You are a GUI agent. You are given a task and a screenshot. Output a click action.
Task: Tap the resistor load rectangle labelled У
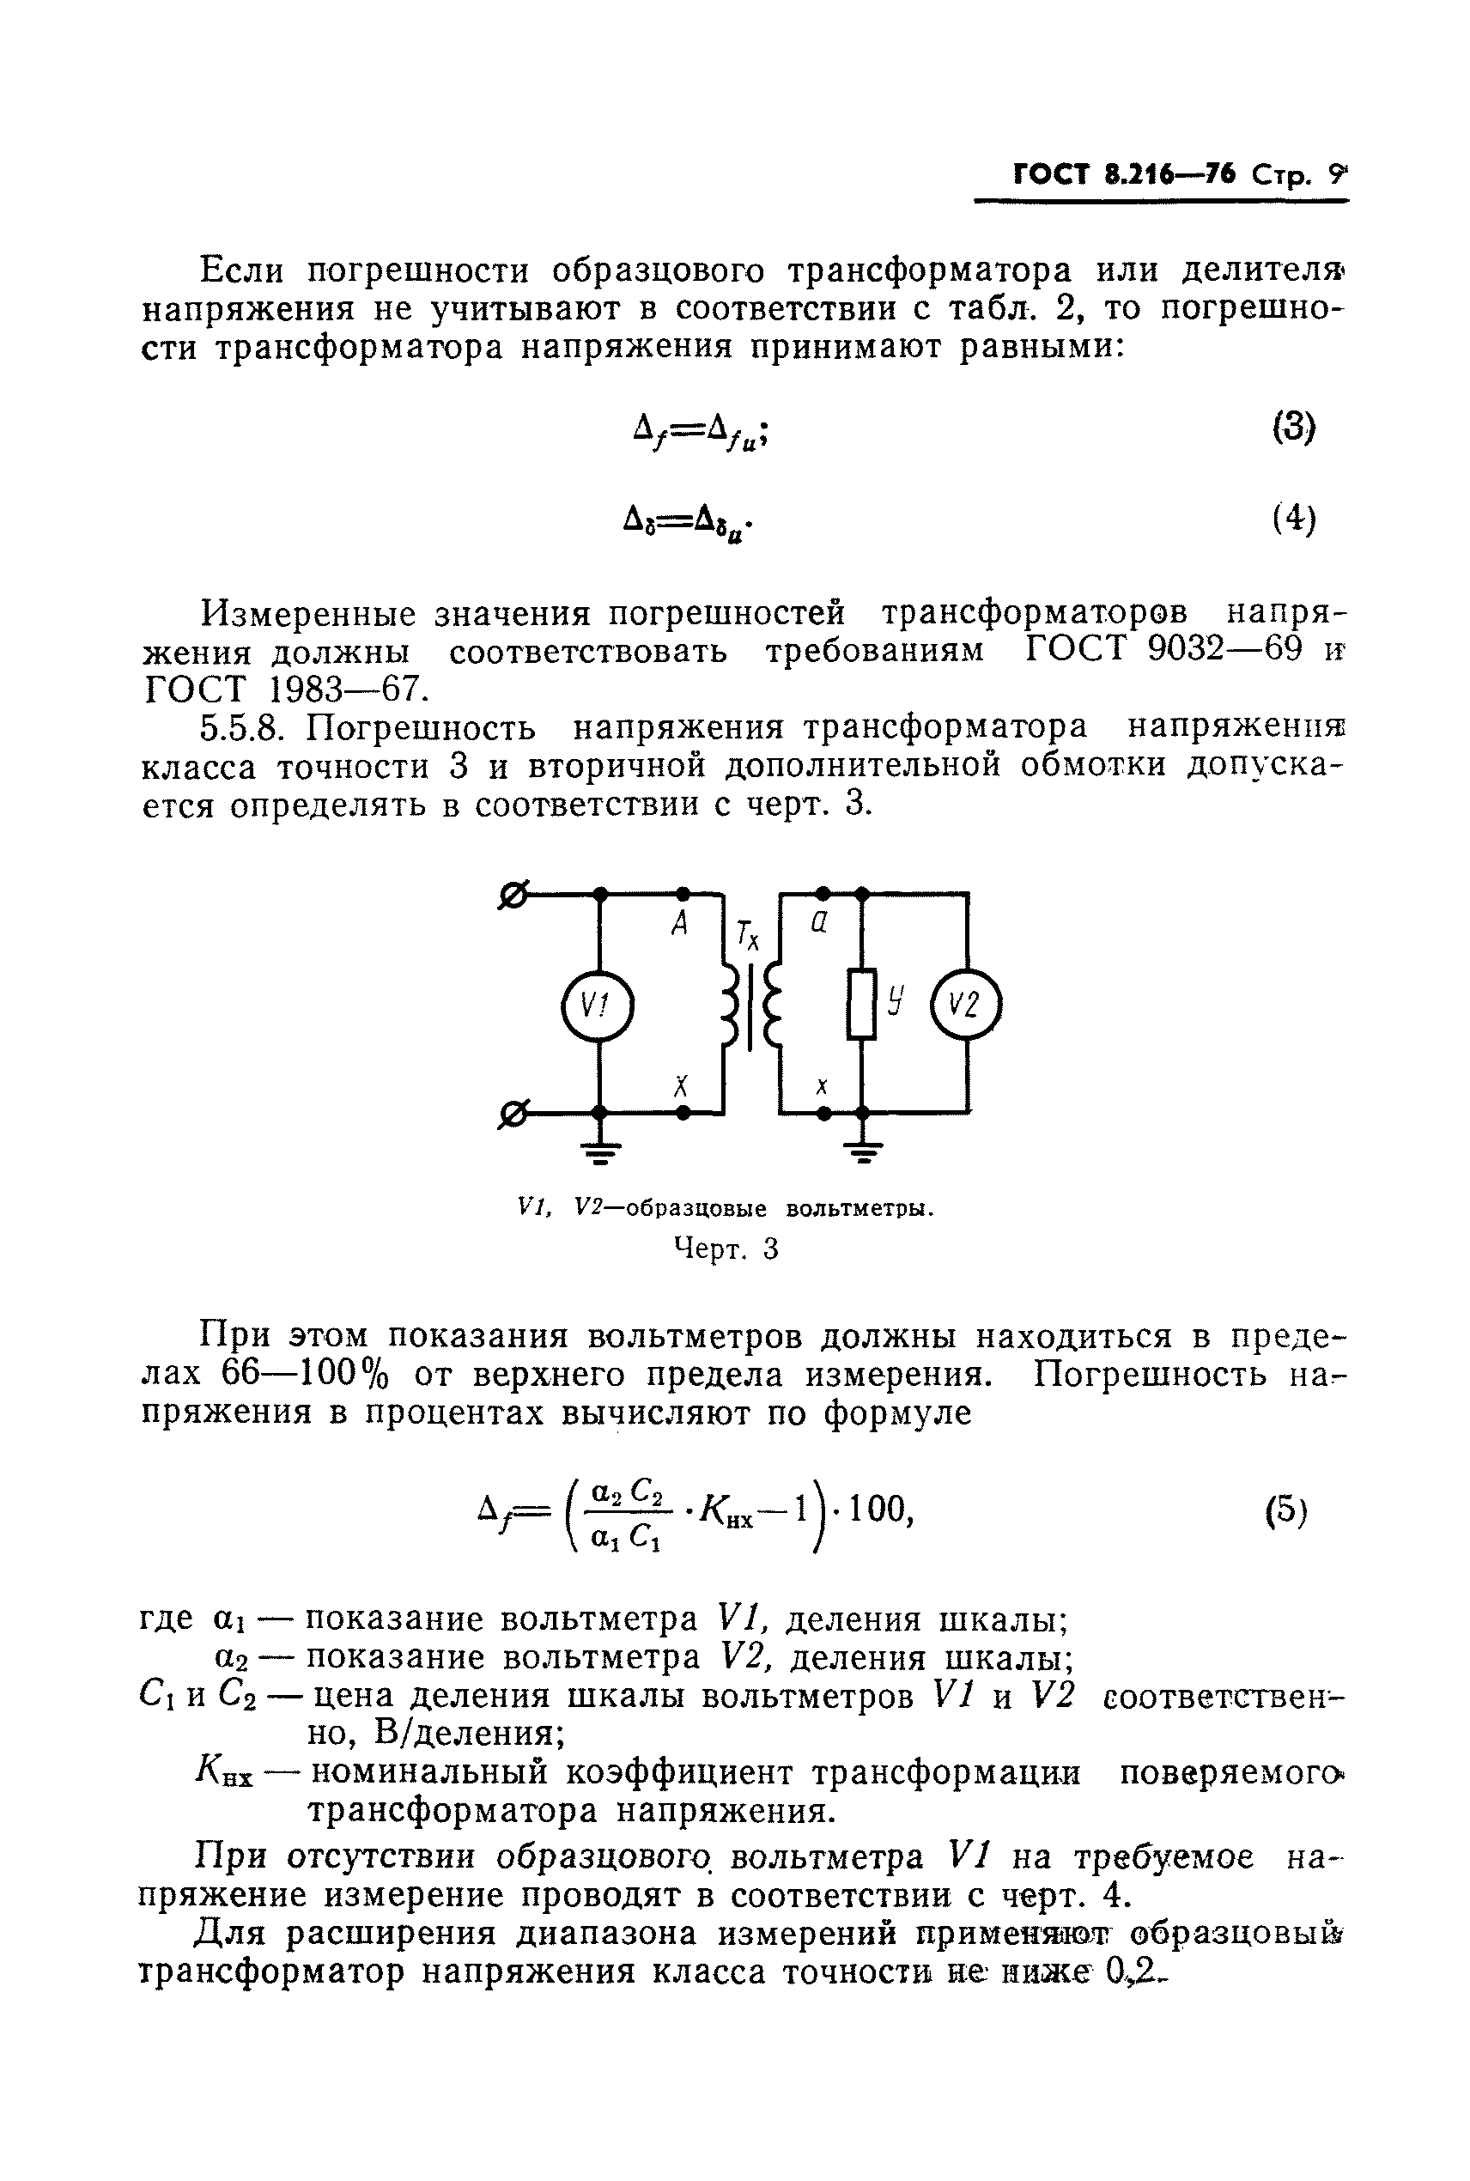point(861,1004)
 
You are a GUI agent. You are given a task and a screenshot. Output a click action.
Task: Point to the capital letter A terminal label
point(681,925)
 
